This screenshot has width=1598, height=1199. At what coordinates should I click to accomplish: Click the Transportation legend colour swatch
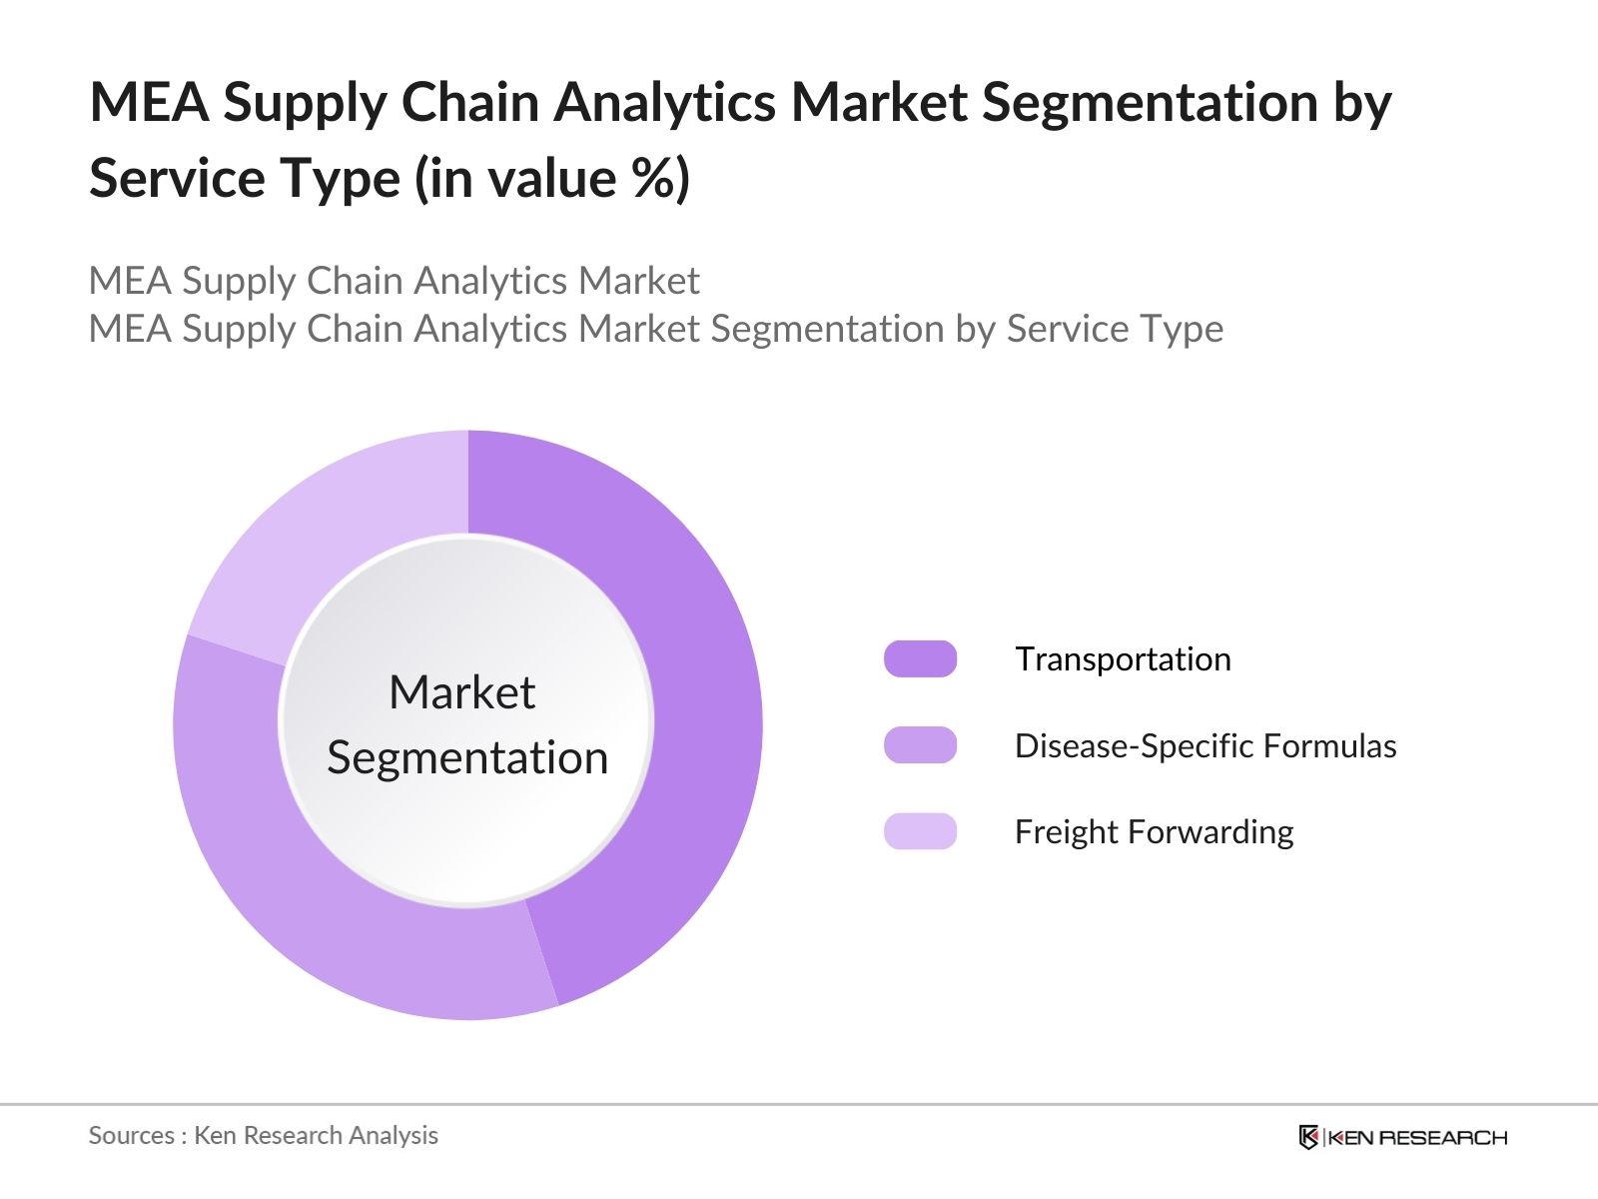click(x=920, y=659)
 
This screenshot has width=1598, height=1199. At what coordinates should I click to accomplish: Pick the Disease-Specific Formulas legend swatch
click(x=920, y=745)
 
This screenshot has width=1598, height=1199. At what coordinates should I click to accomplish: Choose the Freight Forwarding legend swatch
click(x=920, y=831)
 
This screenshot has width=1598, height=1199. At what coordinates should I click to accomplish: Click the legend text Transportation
click(x=1123, y=659)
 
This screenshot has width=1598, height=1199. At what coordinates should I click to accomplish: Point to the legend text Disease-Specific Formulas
click(x=1204, y=745)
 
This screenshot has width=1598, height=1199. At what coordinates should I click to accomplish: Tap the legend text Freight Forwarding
click(x=1154, y=831)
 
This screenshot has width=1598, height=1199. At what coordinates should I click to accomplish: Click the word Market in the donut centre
click(x=461, y=692)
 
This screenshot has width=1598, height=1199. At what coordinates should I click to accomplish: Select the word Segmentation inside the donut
click(x=467, y=757)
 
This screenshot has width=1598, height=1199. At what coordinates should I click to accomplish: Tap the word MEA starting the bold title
click(x=149, y=102)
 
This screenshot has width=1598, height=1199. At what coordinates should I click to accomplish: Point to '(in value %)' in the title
click(x=551, y=178)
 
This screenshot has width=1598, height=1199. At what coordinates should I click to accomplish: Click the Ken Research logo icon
click(x=1308, y=1137)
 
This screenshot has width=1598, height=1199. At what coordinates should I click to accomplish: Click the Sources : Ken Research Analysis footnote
click(x=263, y=1135)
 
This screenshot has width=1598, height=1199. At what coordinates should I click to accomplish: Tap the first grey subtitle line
click(x=394, y=281)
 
